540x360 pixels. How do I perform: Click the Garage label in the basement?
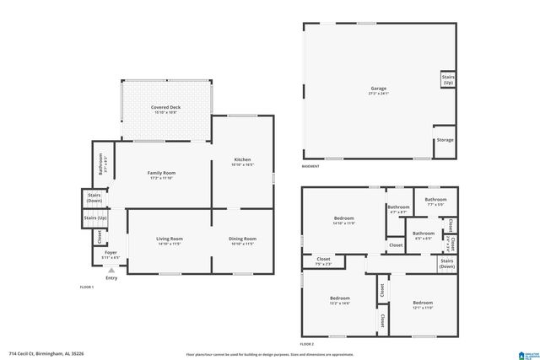click(x=379, y=89)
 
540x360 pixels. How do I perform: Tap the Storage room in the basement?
click(x=445, y=140)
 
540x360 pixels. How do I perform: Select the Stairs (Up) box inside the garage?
click(x=447, y=79)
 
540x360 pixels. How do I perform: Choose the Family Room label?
click(x=161, y=175)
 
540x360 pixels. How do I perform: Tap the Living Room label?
click(x=169, y=240)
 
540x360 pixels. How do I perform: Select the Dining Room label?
click(x=242, y=240)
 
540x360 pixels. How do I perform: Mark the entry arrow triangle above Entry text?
click(x=111, y=270)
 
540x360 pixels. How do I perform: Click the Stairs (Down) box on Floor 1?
click(x=94, y=198)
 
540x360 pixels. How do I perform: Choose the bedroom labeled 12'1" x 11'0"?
click(x=423, y=304)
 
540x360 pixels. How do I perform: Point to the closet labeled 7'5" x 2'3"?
click(x=323, y=261)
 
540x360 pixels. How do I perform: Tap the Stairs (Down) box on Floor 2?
click(x=447, y=264)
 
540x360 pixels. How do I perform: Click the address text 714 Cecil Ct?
click(x=41, y=353)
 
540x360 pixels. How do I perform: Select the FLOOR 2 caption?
click(x=306, y=344)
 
